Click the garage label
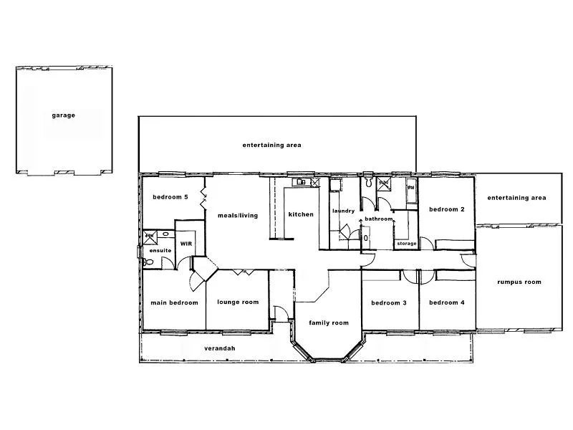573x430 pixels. click(63, 115)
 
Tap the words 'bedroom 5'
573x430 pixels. click(170, 197)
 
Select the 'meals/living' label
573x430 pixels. click(237, 215)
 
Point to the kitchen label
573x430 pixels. click(301, 215)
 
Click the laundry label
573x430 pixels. click(344, 211)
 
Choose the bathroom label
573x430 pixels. click(378, 219)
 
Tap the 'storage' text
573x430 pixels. click(407, 244)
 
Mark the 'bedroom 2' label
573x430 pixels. click(447, 209)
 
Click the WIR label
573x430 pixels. click(186, 244)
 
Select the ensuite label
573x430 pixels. click(160, 250)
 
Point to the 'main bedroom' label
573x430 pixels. click(174, 302)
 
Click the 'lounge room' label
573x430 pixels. click(238, 302)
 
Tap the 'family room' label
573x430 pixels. click(329, 323)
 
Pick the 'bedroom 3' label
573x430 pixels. click(389, 302)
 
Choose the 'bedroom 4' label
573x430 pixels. click(446, 302)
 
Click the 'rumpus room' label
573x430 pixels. click(519, 282)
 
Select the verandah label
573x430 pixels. click(220, 348)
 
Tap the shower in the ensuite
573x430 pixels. click(150, 236)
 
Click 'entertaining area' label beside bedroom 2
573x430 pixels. click(516, 198)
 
